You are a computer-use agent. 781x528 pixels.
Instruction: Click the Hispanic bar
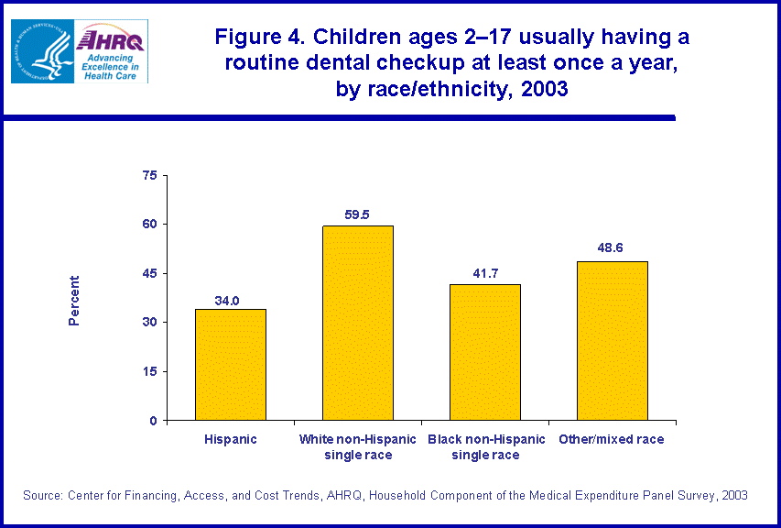231,365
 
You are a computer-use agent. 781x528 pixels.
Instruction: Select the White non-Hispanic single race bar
358,323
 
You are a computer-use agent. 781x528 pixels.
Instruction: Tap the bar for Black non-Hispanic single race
485,352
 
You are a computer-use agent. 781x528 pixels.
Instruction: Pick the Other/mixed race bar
613,341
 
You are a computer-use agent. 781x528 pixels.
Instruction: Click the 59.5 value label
358,215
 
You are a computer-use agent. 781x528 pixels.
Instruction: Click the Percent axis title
75,300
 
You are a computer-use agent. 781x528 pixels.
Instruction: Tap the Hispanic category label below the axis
231,439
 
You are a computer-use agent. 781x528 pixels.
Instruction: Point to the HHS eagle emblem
41,51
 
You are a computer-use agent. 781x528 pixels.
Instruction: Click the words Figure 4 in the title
266,38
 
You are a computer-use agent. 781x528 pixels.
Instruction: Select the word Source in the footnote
42,495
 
